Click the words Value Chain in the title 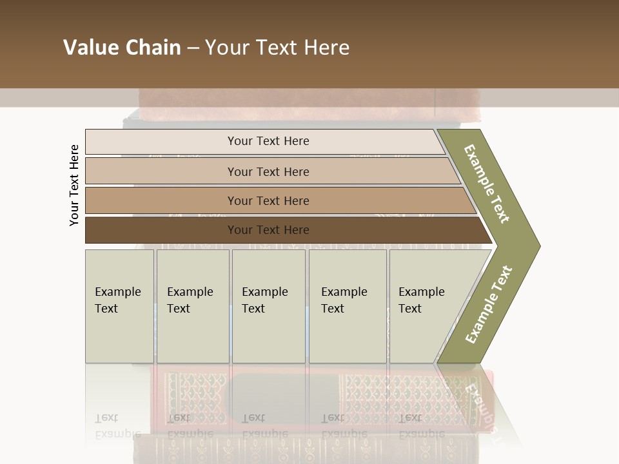pyautogui.click(x=122, y=48)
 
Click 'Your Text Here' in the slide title pyautogui.click(x=277, y=48)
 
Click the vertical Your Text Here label pyautogui.click(x=74, y=185)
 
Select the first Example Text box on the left pyautogui.click(x=119, y=306)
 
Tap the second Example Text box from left pyautogui.click(x=193, y=306)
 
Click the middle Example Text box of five pyautogui.click(x=268, y=306)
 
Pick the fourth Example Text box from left pyautogui.click(x=348, y=306)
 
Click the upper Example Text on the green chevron pyautogui.click(x=487, y=184)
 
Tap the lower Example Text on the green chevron pyautogui.click(x=488, y=305)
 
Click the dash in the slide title pyautogui.click(x=193, y=48)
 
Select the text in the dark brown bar pyautogui.click(x=268, y=230)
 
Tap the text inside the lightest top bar pyautogui.click(x=268, y=141)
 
